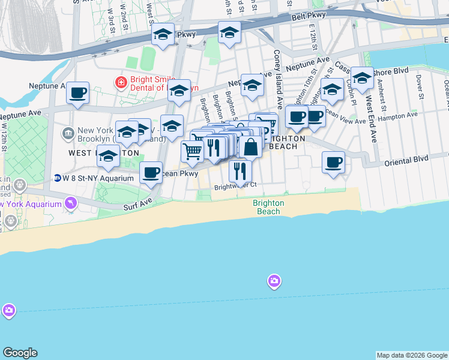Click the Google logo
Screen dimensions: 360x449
point(20,353)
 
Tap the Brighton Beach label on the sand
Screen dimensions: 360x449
point(268,207)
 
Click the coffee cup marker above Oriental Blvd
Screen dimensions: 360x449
point(333,161)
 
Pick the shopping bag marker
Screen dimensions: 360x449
point(251,146)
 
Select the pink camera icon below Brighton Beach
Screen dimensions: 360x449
point(274,280)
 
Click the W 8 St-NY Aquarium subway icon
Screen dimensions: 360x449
point(57,178)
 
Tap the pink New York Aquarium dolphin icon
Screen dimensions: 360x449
point(71,204)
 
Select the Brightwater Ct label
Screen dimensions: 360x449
point(236,186)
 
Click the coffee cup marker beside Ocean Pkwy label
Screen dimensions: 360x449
point(151,172)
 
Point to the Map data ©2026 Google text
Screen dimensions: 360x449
point(412,355)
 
